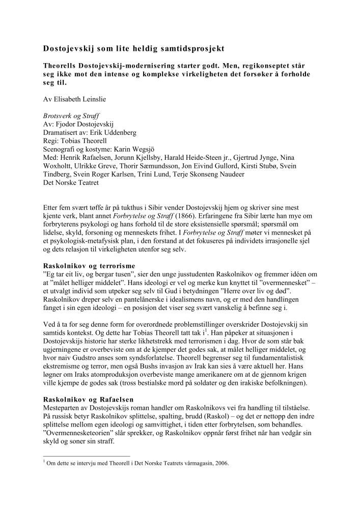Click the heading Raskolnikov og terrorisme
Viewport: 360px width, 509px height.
point(90,265)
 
